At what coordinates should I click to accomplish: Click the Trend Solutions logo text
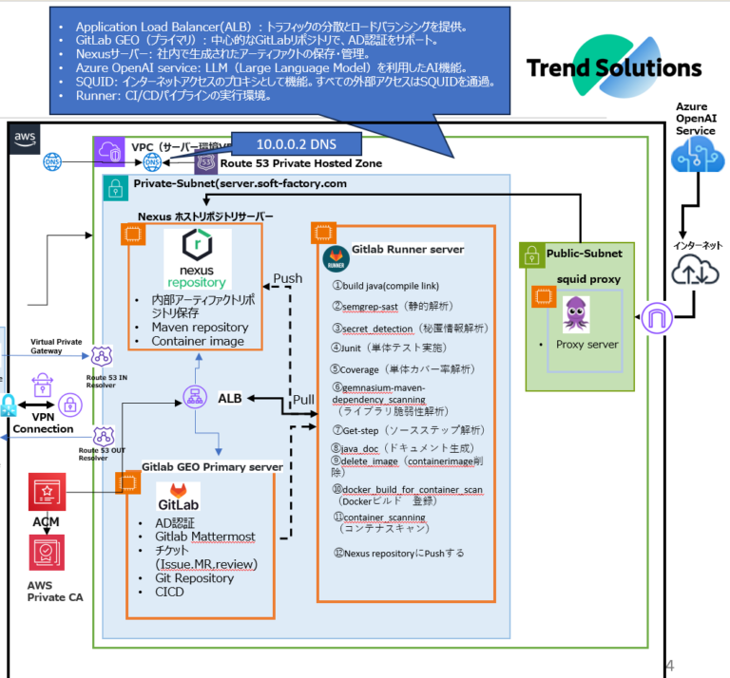tap(614, 68)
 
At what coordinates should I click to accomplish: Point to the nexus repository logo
tap(197, 259)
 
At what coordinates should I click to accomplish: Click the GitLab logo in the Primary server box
tap(178, 496)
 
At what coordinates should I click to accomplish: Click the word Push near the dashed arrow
tap(288, 279)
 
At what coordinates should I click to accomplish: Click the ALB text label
tap(230, 398)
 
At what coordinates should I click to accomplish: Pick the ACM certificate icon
tap(43, 493)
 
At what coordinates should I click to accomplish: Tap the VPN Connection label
tap(43, 422)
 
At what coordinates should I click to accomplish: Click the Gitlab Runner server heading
tap(408, 250)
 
